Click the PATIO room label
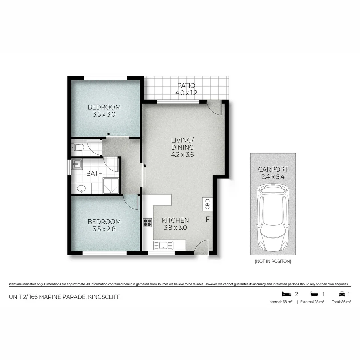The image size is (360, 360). click(186, 86)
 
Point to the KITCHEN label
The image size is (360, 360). click(175, 220)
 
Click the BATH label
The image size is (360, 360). click(94, 173)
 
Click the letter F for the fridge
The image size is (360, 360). click(208, 220)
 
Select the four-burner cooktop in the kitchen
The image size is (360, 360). click(147, 222)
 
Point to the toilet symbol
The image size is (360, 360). click(78, 147)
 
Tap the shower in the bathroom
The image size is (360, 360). click(110, 186)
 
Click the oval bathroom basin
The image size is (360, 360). click(81, 189)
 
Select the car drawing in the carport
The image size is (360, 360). click(273, 219)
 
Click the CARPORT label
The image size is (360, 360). click(273, 169)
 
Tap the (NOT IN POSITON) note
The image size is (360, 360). click(273, 261)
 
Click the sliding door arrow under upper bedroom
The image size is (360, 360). click(117, 135)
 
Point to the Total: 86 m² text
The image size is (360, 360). click(340, 302)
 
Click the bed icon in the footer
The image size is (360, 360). click(286, 294)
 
